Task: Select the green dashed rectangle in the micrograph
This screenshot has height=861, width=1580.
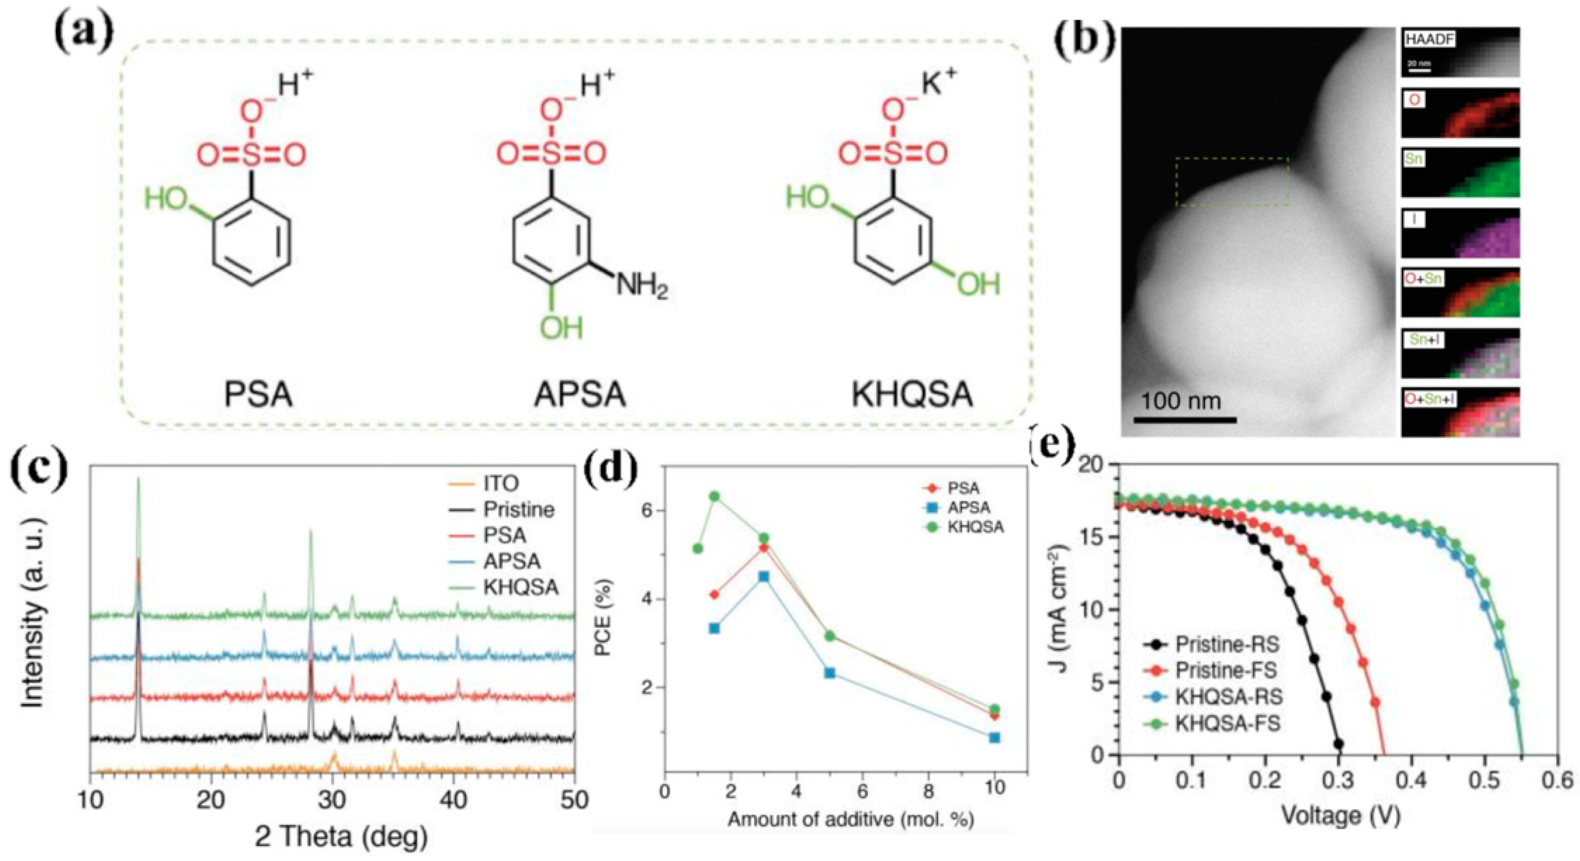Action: click(x=1232, y=182)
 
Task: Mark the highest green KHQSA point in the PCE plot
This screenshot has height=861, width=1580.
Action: click(x=714, y=496)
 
